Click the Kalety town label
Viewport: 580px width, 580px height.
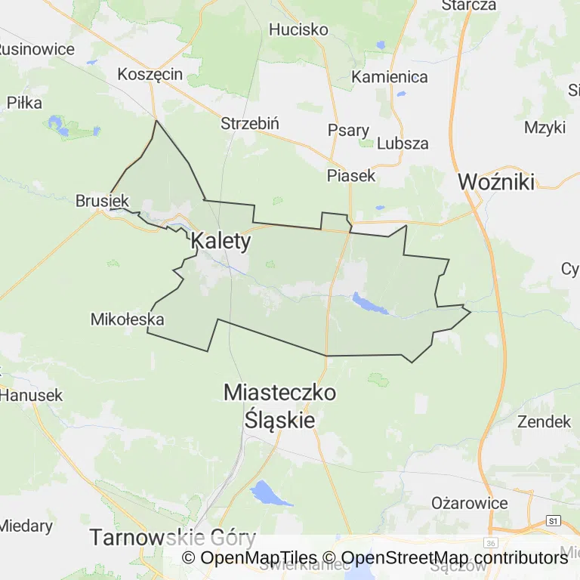[x=221, y=241]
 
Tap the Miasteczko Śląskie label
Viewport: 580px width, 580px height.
[x=280, y=406]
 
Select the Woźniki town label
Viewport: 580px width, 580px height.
[x=496, y=181]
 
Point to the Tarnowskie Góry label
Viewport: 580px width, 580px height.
[x=173, y=538]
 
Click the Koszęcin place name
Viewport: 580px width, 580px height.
[x=150, y=74]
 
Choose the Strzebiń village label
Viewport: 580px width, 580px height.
[x=251, y=123]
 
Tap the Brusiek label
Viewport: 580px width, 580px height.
[x=103, y=201]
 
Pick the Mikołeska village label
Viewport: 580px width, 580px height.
[x=127, y=319]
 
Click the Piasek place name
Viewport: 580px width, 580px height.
[x=351, y=175]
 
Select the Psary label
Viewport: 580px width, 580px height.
[x=348, y=130]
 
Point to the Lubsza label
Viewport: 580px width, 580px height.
[x=403, y=143]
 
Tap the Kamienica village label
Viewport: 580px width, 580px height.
[x=390, y=77]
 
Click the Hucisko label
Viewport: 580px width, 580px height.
[x=299, y=30]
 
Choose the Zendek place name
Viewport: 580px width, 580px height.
[x=543, y=421]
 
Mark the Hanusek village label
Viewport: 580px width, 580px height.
[x=32, y=395]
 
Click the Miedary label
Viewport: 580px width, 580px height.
[x=26, y=526]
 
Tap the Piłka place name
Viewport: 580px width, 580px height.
[x=24, y=103]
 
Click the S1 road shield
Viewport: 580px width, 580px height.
[x=555, y=520]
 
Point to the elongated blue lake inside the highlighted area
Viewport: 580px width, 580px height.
[x=370, y=304]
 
